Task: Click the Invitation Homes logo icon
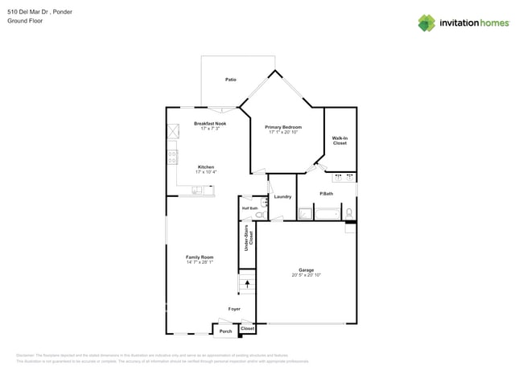pos(426,23)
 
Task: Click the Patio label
pos(231,80)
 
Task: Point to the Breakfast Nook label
pos(210,123)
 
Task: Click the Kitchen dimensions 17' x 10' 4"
pos(205,172)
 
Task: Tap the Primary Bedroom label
pos(284,126)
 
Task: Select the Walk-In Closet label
pos(340,141)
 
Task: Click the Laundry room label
pos(282,196)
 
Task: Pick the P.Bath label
pos(327,194)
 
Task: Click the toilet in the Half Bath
pos(259,216)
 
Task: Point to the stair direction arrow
pos(248,282)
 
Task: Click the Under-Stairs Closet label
pos(248,239)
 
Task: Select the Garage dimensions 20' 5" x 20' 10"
pos(307,275)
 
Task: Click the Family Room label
pos(200,257)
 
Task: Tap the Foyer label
pos(234,309)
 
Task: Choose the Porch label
pos(226,331)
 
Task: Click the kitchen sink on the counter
pos(197,190)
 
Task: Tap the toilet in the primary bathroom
pos(348,212)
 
